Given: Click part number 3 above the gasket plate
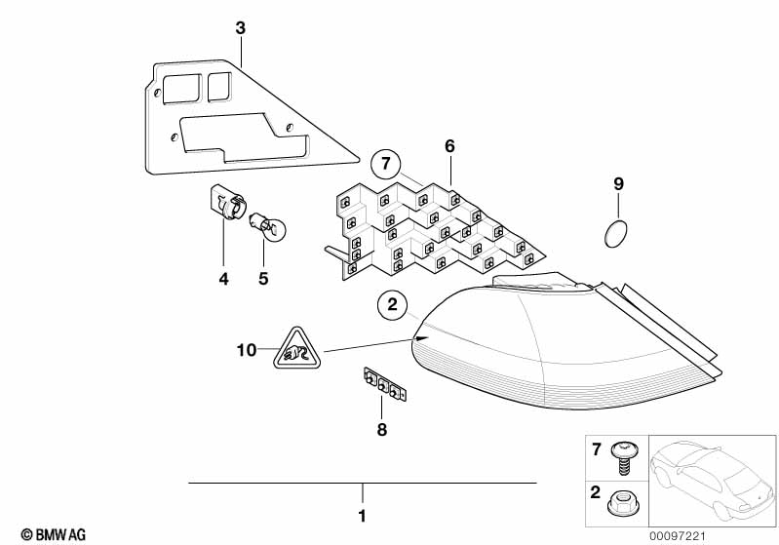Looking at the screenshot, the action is click(241, 28).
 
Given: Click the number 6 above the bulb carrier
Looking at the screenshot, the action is click(449, 146).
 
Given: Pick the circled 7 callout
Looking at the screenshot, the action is click(386, 164).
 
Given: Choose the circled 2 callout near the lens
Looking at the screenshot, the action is click(393, 304).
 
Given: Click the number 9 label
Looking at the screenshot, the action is click(618, 184).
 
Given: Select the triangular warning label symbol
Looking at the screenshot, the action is click(297, 349).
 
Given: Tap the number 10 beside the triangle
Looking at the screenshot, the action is click(247, 350).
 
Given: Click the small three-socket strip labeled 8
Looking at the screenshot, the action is click(385, 384).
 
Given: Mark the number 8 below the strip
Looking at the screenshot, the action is click(381, 430).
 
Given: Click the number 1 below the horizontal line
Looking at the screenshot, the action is click(362, 516).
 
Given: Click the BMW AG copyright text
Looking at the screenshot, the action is click(54, 534).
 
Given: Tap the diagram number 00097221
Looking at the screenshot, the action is click(678, 536).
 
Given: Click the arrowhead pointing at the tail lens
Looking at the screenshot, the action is click(421, 338).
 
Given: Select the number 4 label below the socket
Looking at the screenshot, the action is click(223, 279).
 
